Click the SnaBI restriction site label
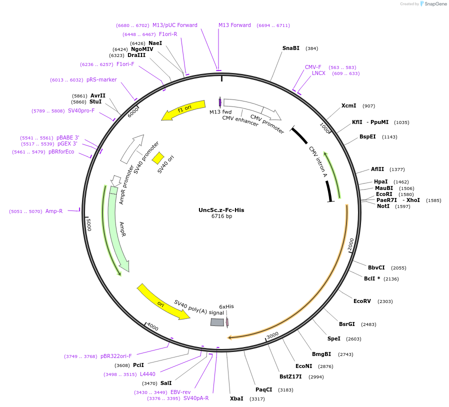[x=290, y=48]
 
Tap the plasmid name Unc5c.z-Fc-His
[x=221, y=210]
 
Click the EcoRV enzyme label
[x=362, y=301]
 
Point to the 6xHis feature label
[x=226, y=306]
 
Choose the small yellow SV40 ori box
[x=158, y=158]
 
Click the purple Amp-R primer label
[x=54, y=211]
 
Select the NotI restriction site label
[x=383, y=206]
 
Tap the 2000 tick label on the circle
[x=351, y=244]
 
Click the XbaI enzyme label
[x=236, y=398]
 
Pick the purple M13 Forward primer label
[x=234, y=25]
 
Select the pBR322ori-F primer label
[x=116, y=356]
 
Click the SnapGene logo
[x=434, y=4]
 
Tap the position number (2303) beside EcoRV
[x=385, y=301]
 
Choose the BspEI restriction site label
[x=367, y=136]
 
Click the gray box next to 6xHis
[x=217, y=322]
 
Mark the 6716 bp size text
[x=221, y=216]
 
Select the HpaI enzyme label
[x=380, y=182]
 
